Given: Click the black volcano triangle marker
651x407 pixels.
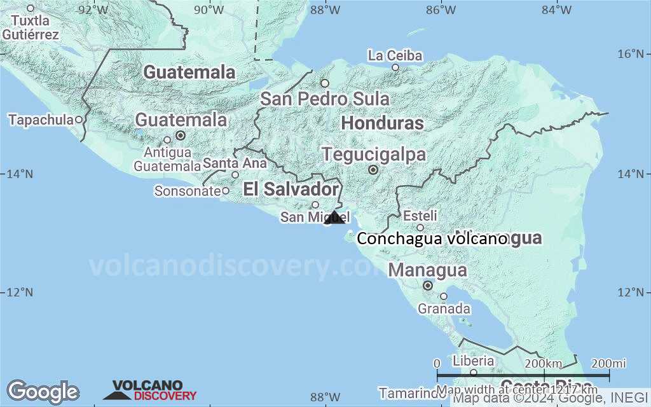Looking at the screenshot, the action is click(x=334, y=217).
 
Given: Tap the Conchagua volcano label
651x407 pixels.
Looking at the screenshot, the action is click(x=432, y=239).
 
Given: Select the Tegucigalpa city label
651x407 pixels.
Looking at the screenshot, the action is click(x=373, y=155).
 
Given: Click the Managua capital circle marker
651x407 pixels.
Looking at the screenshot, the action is click(x=428, y=286).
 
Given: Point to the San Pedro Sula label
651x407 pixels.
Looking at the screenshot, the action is click(x=325, y=99).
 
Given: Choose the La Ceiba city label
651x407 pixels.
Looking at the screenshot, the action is click(x=395, y=56).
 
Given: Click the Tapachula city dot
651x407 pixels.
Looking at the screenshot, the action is click(x=79, y=119).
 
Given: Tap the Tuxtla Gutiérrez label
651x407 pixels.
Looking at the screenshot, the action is click(x=31, y=28).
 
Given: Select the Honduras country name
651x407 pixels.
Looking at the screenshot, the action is click(x=382, y=123).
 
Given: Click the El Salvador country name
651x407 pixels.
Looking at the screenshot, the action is click(x=291, y=189).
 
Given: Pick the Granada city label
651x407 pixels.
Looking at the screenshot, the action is click(x=444, y=309).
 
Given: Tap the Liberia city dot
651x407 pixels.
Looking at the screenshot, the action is click(x=473, y=373).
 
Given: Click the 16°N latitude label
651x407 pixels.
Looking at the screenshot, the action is click(x=633, y=53).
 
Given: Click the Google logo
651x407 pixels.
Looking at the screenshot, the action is click(x=43, y=391).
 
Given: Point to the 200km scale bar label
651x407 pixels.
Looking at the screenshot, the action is click(x=544, y=363).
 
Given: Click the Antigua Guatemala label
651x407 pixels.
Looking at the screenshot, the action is click(x=167, y=159).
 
